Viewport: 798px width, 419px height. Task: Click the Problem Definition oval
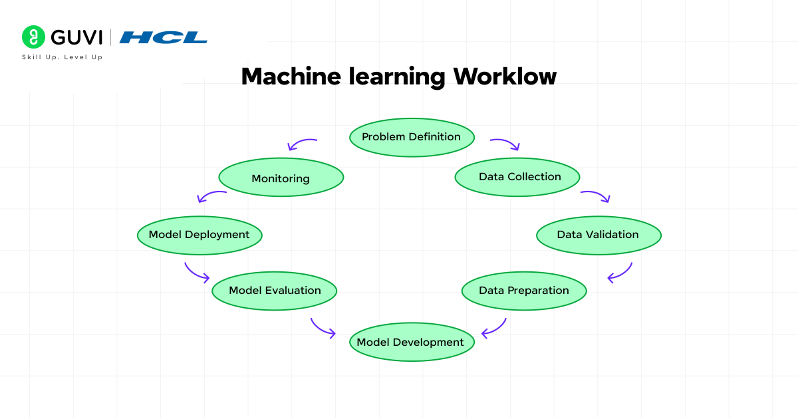tap(411, 137)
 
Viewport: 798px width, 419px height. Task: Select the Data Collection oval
tap(517, 177)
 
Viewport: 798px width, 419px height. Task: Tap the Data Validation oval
tap(598, 235)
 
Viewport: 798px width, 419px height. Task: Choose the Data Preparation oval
tap(524, 291)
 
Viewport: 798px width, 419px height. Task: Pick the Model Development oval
tap(411, 342)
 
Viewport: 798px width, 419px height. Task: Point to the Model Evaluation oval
tap(275, 291)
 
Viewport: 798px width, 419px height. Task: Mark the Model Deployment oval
tap(199, 235)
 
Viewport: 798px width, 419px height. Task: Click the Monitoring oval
tap(281, 178)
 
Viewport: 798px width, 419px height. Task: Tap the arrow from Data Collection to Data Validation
tap(596, 196)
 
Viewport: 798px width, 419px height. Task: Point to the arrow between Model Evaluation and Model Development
tap(323, 328)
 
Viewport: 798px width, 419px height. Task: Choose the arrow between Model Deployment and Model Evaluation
tap(197, 272)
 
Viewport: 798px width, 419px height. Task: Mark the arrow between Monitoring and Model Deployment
tap(211, 196)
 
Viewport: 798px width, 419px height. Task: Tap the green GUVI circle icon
tap(33, 37)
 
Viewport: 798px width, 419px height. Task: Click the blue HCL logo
tap(164, 37)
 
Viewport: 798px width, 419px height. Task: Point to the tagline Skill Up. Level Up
tap(63, 57)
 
